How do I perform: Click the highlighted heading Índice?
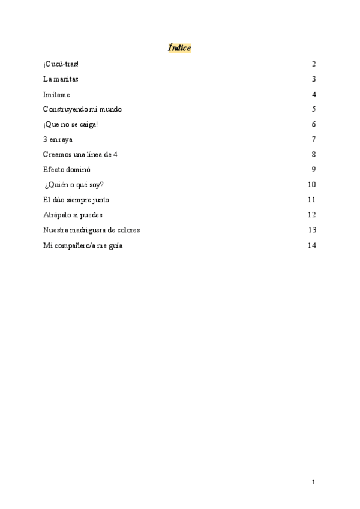pyautogui.click(x=179, y=47)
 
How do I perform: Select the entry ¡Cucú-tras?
pyautogui.click(x=61, y=64)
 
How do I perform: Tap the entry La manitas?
pyautogui.click(x=61, y=79)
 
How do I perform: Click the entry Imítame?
pyautogui.click(x=56, y=95)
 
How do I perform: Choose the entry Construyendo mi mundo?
pyautogui.click(x=82, y=109)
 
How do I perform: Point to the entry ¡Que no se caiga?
pyautogui.click(x=70, y=125)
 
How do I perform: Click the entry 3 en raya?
pyautogui.click(x=58, y=140)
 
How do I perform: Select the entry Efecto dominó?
pyautogui.click(x=67, y=170)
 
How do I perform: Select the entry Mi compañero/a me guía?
pyautogui.click(x=83, y=245)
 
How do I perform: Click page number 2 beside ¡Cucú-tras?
pyautogui.click(x=314, y=64)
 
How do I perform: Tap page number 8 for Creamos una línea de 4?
pyautogui.click(x=314, y=155)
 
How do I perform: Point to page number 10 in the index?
pyautogui.click(x=311, y=185)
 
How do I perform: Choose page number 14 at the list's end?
pyautogui.click(x=311, y=245)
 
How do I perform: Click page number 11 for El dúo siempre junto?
pyautogui.click(x=311, y=200)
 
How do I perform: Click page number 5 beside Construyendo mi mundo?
pyautogui.click(x=314, y=109)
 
